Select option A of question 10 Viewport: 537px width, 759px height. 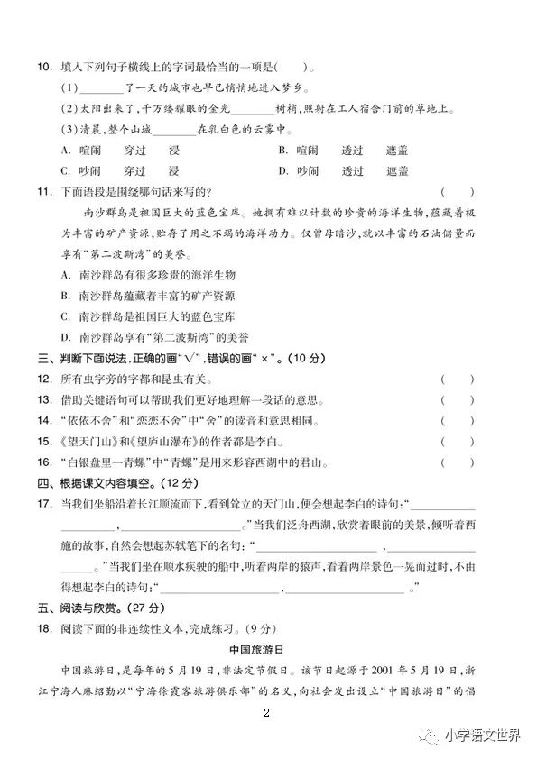(x=66, y=150)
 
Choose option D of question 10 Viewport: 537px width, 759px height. (x=282, y=170)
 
